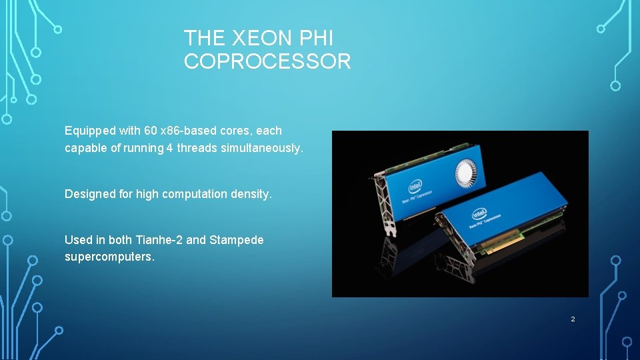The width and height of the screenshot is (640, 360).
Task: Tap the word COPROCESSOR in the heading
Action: coord(267,62)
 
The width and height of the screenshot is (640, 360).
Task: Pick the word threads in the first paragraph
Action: coord(197,148)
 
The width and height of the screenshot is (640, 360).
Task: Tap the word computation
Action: coord(195,194)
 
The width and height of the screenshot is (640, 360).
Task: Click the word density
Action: coord(251,194)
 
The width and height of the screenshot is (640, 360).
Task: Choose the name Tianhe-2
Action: coord(159,240)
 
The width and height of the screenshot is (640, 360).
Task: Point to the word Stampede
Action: coord(237,240)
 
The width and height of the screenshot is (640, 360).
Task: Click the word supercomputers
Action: coord(109,257)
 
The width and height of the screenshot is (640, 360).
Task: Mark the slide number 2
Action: coord(572,319)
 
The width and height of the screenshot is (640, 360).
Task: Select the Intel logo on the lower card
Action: coord(479,214)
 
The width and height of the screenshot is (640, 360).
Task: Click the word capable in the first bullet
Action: coord(86,148)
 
